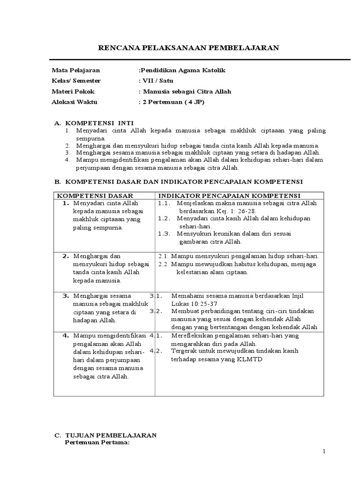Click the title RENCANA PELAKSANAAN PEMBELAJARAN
191,47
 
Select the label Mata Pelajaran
75,70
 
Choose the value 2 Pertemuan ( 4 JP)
172,102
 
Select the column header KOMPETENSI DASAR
95,195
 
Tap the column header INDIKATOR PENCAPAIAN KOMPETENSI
229,195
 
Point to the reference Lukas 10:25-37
193,303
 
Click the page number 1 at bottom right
323,451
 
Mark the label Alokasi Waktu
75,102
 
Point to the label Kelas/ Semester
76,81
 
